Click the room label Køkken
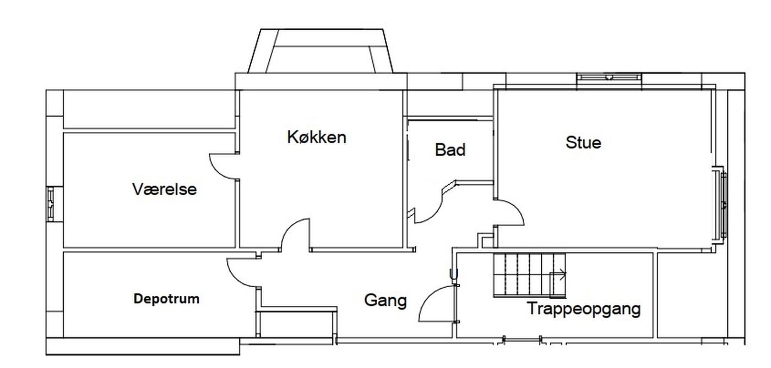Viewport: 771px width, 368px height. pyautogui.click(x=317, y=137)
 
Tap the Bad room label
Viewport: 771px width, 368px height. pyautogui.click(x=450, y=150)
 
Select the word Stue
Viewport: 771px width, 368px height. pyautogui.click(x=583, y=142)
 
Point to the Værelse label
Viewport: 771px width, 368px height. pyautogui.click(x=165, y=189)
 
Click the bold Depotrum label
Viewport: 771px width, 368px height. pyautogui.click(x=166, y=299)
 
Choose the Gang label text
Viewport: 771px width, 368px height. pyautogui.click(x=385, y=300)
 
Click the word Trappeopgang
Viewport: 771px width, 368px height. pyautogui.click(x=584, y=309)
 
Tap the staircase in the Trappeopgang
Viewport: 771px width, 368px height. pyautogui.click(x=530, y=275)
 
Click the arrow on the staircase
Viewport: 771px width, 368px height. pyautogui.click(x=557, y=274)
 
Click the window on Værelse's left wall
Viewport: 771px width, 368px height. pyautogui.click(x=51, y=204)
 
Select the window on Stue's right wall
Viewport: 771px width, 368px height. pyautogui.click(x=723, y=205)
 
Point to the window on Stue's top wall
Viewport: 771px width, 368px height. pyautogui.click(x=609, y=77)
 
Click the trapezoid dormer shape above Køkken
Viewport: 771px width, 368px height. pyautogui.click(x=321, y=51)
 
